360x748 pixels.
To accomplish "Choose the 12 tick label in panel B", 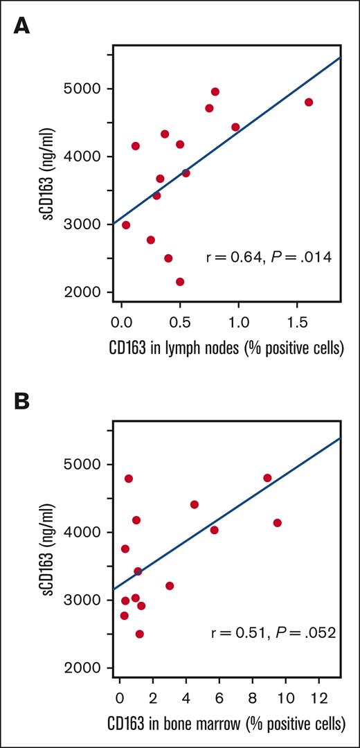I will pyautogui.click(x=319, y=699).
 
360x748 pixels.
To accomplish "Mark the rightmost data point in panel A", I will pyautogui.click(x=309, y=103).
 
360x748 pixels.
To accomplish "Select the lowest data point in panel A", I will pyautogui.click(x=180, y=282).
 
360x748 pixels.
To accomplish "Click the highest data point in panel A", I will pyautogui.click(x=215, y=91).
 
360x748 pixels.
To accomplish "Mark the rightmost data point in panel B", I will pyautogui.click(x=278, y=523).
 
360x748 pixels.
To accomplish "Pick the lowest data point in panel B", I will pyautogui.click(x=139, y=634).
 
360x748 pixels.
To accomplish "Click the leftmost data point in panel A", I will pyautogui.click(x=126, y=225).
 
